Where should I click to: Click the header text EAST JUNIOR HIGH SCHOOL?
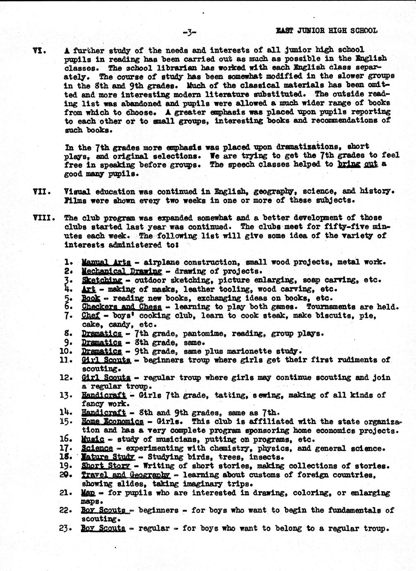pyautogui.click(x=326, y=31)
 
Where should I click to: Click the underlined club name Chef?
pyautogui.click(x=91, y=316)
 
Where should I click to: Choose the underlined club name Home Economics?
pyautogui.click(x=112, y=422)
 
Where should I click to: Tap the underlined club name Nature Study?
pyautogui.click(x=108, y=457)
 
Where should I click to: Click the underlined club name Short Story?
pyautogui.click(x=106, y=466)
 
